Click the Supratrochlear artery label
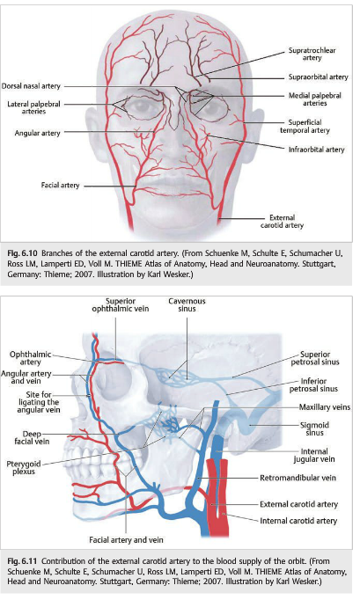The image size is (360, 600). tap(312, 54)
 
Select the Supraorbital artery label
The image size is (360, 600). tap(319, 77)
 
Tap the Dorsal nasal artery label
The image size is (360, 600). tap(31, 86)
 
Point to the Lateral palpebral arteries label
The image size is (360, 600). tap(33, 107)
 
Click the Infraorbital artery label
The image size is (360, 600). tap(316, 150)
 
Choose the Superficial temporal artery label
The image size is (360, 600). tap(305, 127)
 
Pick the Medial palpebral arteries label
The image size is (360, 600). tap(315, 99)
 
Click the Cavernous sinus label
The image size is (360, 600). tap(187, 305)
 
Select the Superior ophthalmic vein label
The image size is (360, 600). tap(121, 305)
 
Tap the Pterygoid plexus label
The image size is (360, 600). tap(24, 468)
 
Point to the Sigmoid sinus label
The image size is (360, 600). tap(315, 428)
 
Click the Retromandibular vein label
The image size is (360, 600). tap(298, 478)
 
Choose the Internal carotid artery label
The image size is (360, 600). tap(298, 521)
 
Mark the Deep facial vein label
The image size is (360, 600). tap(32, 437)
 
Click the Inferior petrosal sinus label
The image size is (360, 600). tap(313, 385)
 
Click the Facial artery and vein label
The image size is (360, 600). tap(126, 540)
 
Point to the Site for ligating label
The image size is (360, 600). tap(39, 394)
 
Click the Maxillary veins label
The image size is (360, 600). tap(325, 407)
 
